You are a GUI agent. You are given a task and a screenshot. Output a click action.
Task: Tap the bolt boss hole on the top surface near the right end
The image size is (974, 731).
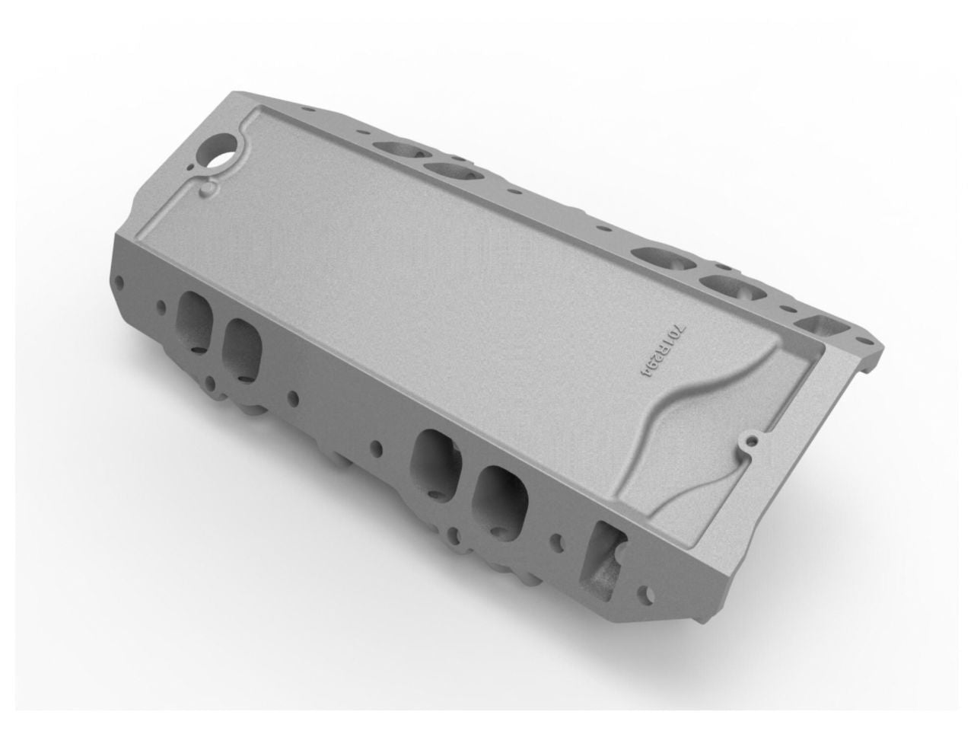click(752, 439)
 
